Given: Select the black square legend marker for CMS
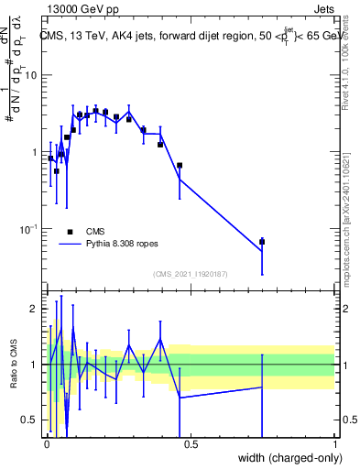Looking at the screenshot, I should (x=70, y=232).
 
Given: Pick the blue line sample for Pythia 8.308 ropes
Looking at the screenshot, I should (x=70, y=245).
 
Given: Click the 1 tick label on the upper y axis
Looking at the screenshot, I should (x=35, y=152).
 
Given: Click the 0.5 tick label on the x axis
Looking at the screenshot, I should (x=191, y=444).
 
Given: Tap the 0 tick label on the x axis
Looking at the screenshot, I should (x=47, y=444).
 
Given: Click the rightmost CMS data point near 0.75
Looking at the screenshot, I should (x=262, y=242).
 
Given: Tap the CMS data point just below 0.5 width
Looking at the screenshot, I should (x=180, y=166).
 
